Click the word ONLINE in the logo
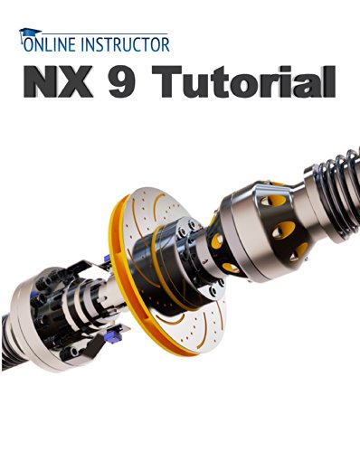pos(50,44)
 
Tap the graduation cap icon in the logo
pos(29,33)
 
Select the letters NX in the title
pos(58,81)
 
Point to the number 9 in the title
pos(122,82)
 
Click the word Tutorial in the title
pos(243,81)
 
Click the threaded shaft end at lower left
pos(6,341)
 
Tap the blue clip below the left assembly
pos(113,337)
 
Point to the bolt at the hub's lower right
pos(213,291)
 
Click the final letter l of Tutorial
pos(330,81)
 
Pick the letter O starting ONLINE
pos(28,44)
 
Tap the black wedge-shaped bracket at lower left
pos(94,346)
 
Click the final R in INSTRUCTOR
pos(165,44)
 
